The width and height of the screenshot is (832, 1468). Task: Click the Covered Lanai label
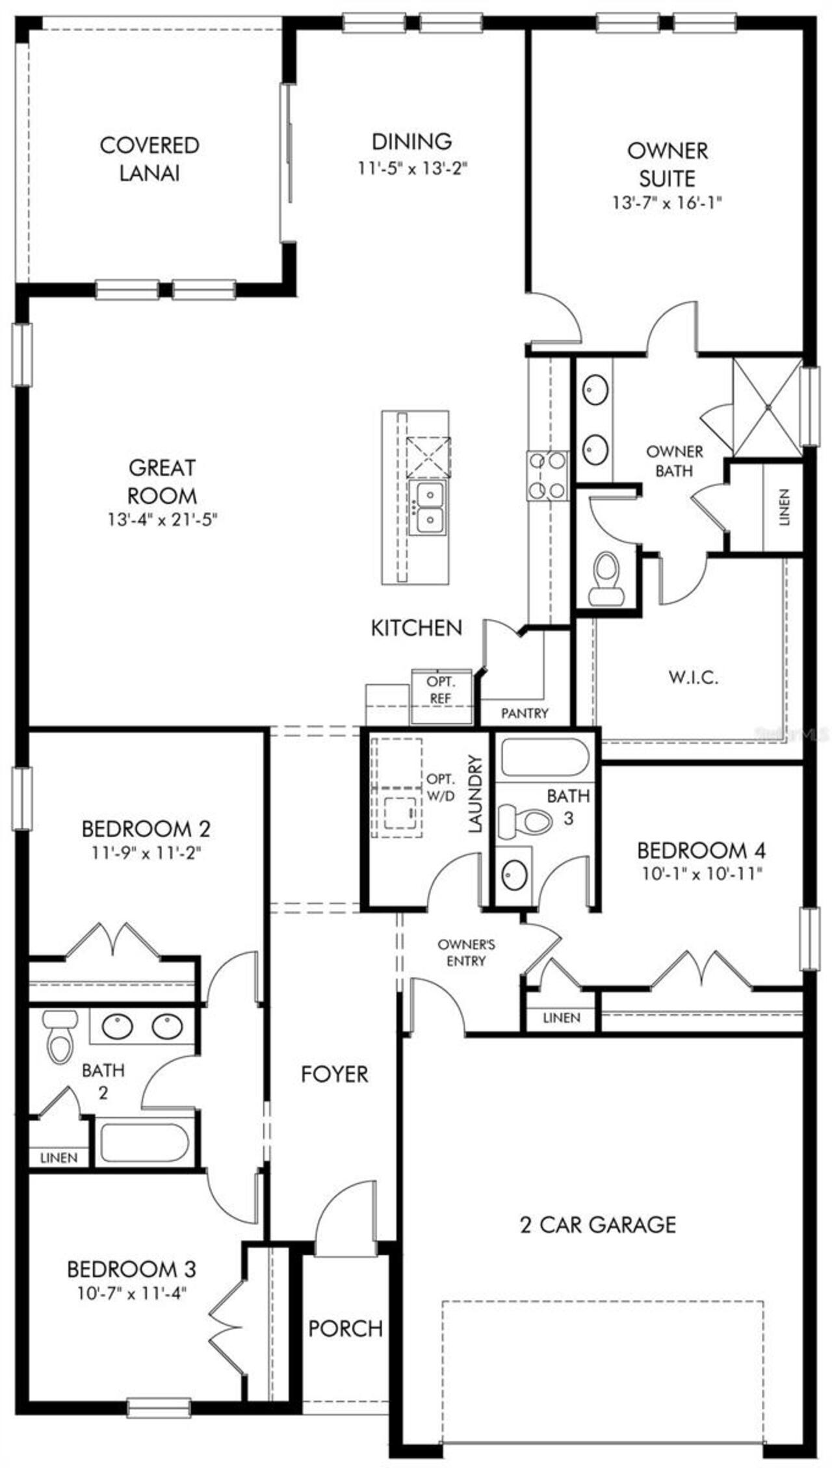pos(149,159)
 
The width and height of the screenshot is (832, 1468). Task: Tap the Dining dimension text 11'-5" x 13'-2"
pos(413,168)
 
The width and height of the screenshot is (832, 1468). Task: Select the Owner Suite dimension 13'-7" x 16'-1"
pos(667,203)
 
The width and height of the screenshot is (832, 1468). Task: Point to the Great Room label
pos(162,482)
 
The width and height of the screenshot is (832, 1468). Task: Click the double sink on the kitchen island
pos(426,509)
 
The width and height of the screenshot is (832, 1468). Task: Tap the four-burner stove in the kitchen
pos(547,476)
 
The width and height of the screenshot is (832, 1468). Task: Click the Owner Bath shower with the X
pos(767,407)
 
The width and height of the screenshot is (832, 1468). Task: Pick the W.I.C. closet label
pos(693,678)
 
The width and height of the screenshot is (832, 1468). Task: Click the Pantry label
pos(525,713)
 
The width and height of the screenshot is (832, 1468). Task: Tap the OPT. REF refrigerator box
pos(441,696)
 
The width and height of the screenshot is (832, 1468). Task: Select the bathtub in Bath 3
pos(545,758)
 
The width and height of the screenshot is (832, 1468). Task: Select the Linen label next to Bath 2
pos(58,1157)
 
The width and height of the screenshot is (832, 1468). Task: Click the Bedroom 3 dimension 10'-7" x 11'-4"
pos(131,1293)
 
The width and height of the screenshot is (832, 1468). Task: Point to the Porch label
pos(345,1328)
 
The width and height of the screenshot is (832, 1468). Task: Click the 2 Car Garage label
pos(598,1224)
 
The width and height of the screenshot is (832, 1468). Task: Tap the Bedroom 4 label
pos(701,850)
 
